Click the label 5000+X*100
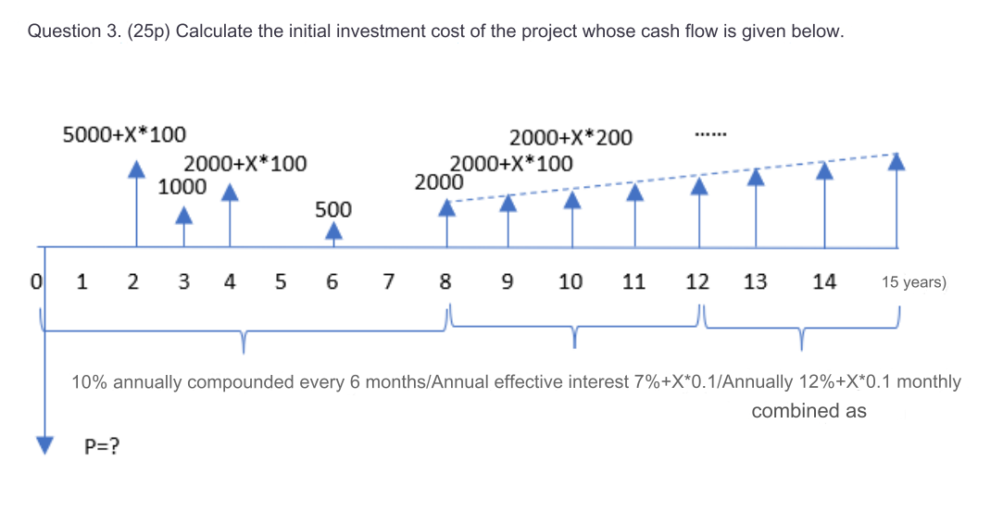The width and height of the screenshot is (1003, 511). point(124,135)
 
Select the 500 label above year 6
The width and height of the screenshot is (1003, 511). point(333,210)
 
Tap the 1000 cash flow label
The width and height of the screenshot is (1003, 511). point(182,185)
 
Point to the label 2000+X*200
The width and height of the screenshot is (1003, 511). point(571,138)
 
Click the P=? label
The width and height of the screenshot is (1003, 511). point(104,447)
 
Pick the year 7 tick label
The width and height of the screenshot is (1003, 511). point(389,281)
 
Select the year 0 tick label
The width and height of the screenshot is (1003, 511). point(37,281)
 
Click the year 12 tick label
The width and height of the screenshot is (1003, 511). point(697,281)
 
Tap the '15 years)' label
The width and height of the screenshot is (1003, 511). point(913,281)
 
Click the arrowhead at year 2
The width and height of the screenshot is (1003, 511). point(137,168)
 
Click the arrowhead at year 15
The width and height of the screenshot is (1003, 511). point(896,162)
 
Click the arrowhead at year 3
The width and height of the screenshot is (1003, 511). point(184,216)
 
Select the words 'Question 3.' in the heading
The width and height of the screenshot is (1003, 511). point(72,31)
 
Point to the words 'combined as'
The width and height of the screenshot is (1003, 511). point(809,411)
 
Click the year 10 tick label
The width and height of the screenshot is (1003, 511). point(570,281)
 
